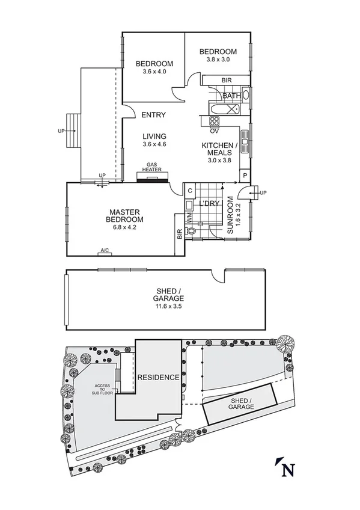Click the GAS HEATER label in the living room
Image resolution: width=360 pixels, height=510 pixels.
152,167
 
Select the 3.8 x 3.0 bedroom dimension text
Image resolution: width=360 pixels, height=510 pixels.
218,60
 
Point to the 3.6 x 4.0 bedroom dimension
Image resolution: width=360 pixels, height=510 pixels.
154,72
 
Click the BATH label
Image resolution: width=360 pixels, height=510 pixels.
231,96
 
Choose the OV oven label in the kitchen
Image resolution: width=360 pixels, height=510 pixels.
214,130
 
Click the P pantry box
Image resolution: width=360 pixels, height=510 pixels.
245,175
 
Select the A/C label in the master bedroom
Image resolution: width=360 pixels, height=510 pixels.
105,250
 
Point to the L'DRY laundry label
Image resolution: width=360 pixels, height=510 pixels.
212,203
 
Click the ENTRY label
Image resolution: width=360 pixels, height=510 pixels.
154,115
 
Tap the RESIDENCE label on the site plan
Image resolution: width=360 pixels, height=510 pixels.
158,378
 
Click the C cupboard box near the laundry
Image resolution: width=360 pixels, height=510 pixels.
189,191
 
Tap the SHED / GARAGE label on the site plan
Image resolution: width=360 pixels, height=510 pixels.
240,404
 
